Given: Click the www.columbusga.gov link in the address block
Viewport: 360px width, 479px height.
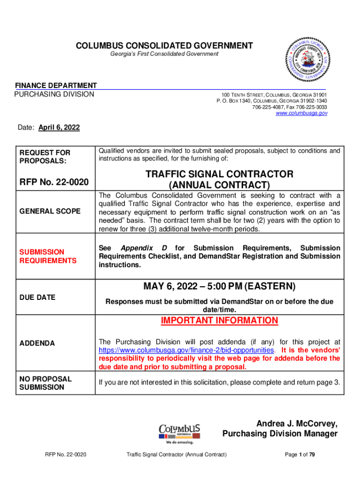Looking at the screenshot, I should point(302,113).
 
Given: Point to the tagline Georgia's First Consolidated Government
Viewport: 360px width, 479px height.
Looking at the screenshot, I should point(164,54).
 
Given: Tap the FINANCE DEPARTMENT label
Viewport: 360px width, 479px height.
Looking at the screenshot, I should point(56,86).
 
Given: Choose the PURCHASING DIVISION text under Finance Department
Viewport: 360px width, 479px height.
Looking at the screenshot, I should point(54,94).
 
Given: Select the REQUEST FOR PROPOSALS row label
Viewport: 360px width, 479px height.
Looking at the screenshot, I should point(45,157).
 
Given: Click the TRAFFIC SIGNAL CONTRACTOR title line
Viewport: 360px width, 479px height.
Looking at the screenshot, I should point(219,174).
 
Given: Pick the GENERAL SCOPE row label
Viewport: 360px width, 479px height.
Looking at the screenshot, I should point(50,211).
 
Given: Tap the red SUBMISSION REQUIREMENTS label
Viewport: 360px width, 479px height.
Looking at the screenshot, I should point(47,256).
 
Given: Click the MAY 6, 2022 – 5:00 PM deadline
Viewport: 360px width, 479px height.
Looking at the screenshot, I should point(219,286).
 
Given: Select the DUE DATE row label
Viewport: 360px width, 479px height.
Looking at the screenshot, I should point(37,297).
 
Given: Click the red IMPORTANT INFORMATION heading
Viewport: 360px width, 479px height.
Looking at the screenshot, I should point(219,320).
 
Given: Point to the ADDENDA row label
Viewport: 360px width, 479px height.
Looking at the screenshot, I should point(37,343).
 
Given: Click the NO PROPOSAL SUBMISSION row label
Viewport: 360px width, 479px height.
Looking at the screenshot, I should point(45,383).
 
